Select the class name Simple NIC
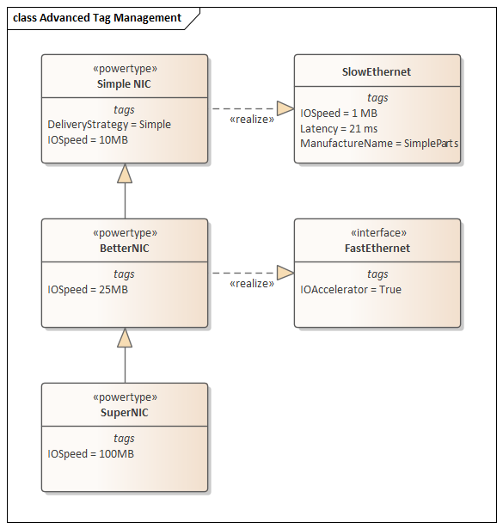pos(124,84)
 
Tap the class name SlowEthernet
pos(377,72)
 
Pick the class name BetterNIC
pos(125,249)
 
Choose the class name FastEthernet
pos(377,249)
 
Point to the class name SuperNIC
pos(125,413)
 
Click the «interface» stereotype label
pos(378,233)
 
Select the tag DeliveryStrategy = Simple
pos(109,125)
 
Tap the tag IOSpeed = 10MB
pos(88,140)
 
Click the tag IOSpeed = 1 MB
pos(339,114)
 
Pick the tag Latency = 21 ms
pos(339,129)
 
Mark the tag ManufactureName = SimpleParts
pos(379,144)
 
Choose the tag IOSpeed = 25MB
pos(88,290)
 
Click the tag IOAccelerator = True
pos(351,290)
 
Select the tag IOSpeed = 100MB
pos(90,454)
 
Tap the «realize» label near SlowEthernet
pos(252,120)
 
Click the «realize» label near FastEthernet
pos(252,284)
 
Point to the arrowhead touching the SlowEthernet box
pos(285,108)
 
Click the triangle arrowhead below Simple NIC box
pos(125,174)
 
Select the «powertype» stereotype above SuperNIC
pos(125,397)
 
